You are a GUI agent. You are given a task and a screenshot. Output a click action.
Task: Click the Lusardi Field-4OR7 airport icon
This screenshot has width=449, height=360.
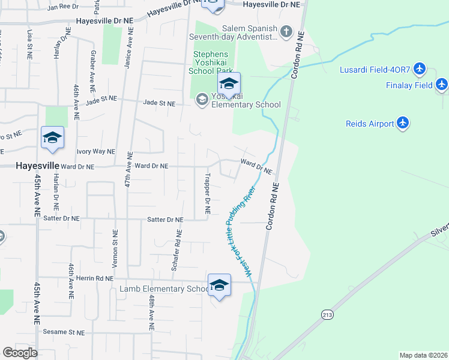420,70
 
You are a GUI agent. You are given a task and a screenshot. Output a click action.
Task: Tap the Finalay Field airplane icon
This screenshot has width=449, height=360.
442,85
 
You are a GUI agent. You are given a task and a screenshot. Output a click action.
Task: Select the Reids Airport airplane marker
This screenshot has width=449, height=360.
403,124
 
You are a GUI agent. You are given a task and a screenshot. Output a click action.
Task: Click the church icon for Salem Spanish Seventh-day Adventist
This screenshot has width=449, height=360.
286,32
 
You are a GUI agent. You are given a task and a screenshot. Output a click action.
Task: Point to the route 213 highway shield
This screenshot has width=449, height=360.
327,314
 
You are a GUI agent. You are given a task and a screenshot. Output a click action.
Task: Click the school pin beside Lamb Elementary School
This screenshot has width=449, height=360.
219,286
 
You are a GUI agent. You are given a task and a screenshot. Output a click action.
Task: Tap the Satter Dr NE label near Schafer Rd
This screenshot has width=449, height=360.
164,220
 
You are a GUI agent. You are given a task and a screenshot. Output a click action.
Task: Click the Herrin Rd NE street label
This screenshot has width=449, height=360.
95,278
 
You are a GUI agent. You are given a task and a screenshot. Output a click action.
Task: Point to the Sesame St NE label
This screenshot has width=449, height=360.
63,332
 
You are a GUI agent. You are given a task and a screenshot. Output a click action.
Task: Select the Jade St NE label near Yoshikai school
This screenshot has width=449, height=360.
159,103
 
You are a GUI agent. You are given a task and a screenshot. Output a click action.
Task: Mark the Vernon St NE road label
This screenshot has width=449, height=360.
115,248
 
